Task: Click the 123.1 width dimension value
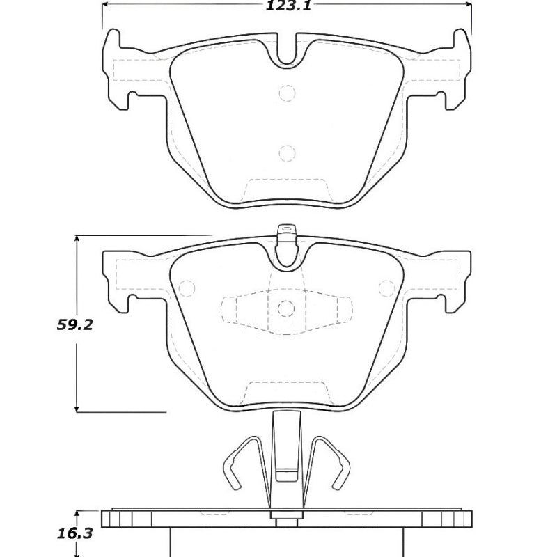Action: point(287,8)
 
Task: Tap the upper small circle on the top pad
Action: point(287,93)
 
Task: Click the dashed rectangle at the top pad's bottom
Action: point(287,189)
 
